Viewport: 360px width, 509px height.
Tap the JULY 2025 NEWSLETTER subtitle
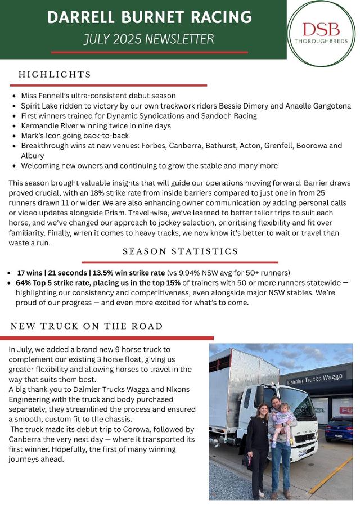pos(149,39)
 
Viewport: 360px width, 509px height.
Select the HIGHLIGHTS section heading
pos(55,74)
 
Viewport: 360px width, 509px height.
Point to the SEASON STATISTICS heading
pos(180,251)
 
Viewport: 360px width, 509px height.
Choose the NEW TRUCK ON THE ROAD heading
pos(87,326)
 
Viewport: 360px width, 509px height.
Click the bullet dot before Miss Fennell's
pos(13,96)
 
